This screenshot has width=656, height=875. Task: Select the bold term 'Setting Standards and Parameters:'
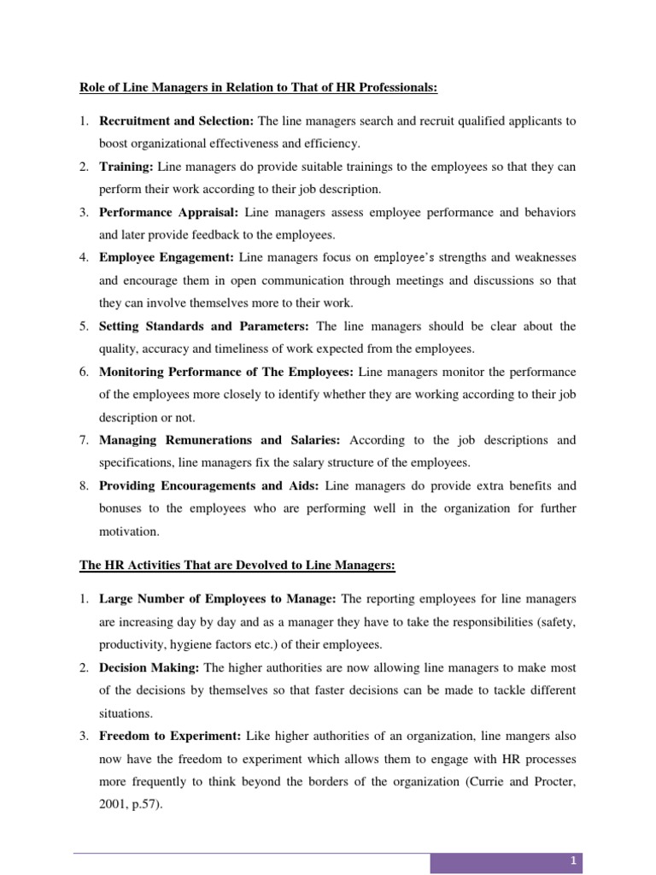205,326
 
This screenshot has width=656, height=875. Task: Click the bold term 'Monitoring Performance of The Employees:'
227,372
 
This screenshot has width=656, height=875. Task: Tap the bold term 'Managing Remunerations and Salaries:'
220,440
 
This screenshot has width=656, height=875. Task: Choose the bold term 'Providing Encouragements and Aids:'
210,485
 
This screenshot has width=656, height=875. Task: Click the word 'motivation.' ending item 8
130,531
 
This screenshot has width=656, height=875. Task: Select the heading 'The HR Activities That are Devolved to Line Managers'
237,566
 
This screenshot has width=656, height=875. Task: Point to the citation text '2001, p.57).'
130,804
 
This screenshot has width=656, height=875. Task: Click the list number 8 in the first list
85,485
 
